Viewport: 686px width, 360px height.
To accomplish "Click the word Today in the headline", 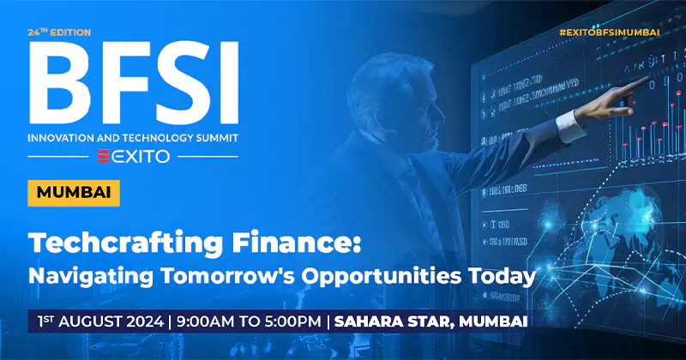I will point(500,277).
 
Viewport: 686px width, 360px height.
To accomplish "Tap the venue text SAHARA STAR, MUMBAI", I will point(429,322).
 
